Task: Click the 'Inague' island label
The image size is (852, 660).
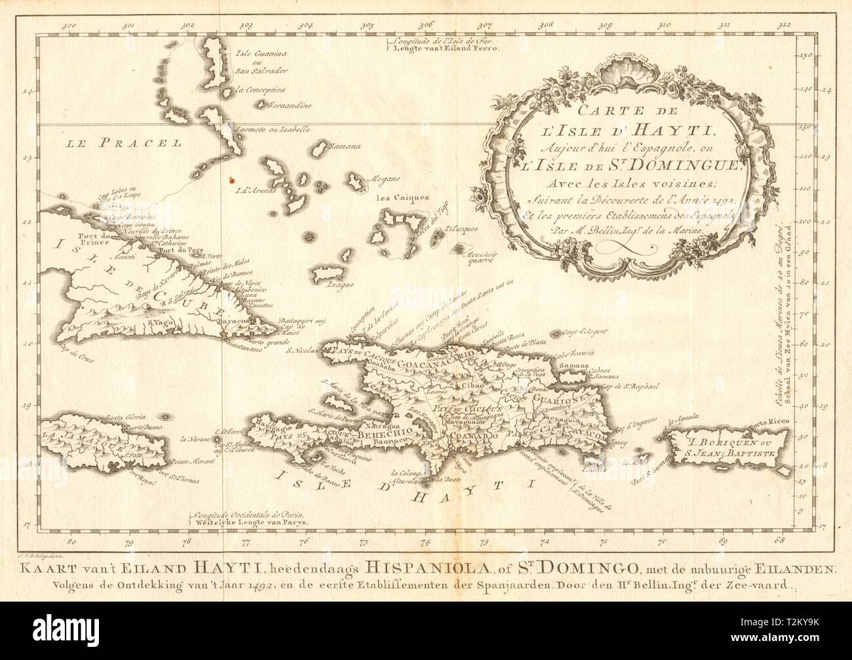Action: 324,284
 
